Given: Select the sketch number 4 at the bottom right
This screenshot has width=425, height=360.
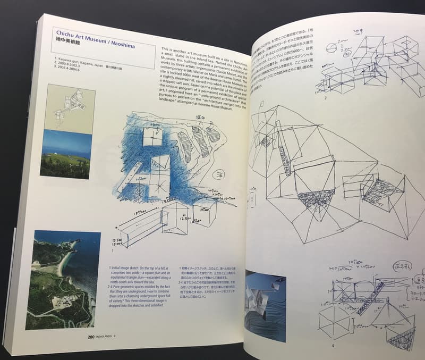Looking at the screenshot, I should pos(333,345).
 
